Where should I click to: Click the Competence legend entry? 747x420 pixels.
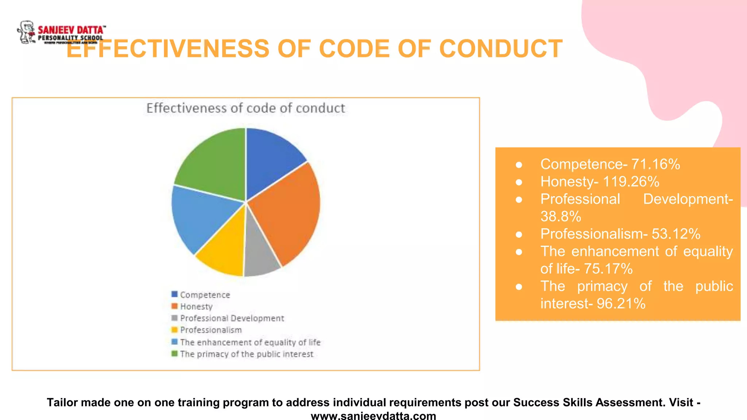pyautogui.click(x=205, y=295)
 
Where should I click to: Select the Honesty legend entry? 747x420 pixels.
pyautogui.click(x=196, y=306)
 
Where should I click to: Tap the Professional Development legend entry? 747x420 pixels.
pyautogui.click(x=232, y=318)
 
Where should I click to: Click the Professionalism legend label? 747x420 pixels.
pyautogui.click(x=211, y=330)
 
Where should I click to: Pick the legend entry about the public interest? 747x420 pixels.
pyautogui.click(x=246, y=354)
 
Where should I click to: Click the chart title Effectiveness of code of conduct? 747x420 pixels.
pyautogui.click(x=245, y=108)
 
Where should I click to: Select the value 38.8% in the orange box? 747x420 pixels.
pyautogui.click(x=561, y=217)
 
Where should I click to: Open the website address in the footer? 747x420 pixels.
pyautogui.click(x=373, y=416)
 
